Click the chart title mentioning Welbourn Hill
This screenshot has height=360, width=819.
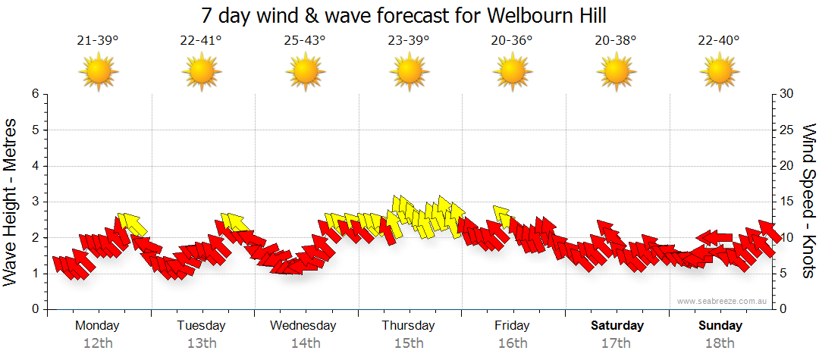[405, 15]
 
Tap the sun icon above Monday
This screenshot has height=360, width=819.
[98, 72]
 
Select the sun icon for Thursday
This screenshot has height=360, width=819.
[409, 72]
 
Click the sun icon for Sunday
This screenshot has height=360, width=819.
[720, 72]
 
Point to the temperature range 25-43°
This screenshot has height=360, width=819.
[305, 41]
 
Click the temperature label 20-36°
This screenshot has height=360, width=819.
[512, 41]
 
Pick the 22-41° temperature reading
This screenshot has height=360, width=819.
[201, 41]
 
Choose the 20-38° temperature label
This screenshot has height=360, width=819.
[616, 41]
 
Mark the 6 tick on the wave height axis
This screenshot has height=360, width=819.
[34, 94]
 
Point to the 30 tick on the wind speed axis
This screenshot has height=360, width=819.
[787, 94]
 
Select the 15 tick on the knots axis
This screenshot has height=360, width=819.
[787, 202]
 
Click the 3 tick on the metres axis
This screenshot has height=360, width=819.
[34, 202]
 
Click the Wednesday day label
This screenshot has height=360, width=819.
[303, 326]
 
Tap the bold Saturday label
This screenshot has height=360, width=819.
[617, 326]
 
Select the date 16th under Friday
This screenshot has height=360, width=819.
[513, 343]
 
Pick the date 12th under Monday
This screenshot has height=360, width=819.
[98, 343]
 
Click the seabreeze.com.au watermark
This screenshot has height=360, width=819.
[723, 302]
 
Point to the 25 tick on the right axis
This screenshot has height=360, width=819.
[787, 130]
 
